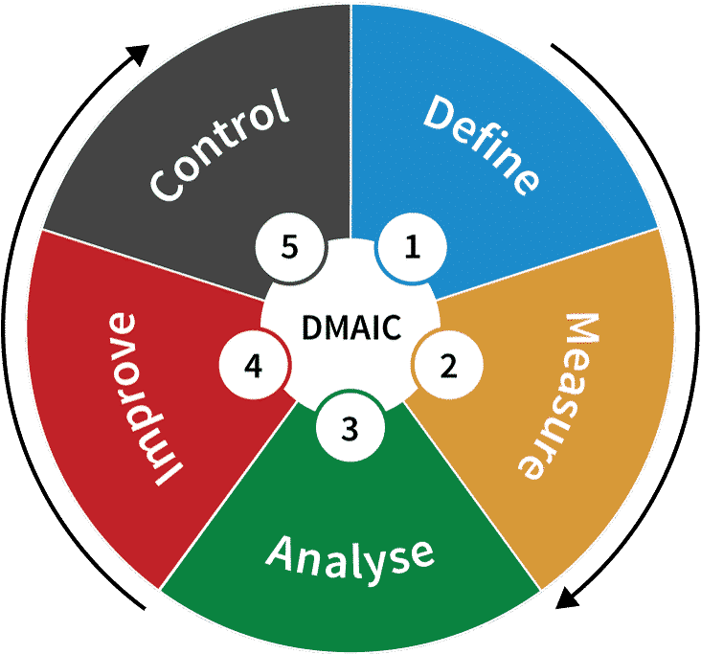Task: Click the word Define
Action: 482,144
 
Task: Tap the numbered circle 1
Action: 412,249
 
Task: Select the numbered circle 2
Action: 447,365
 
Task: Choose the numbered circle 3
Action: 350,428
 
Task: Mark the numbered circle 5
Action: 290,247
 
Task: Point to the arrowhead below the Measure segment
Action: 568,598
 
